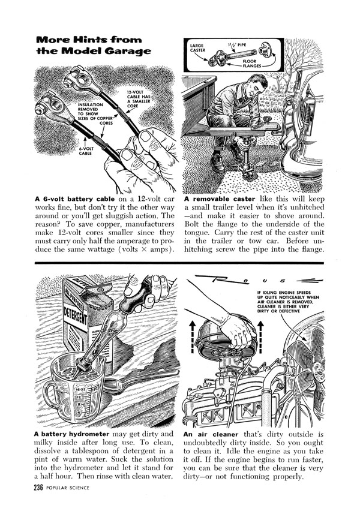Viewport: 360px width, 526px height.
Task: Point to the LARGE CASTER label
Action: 199,47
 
